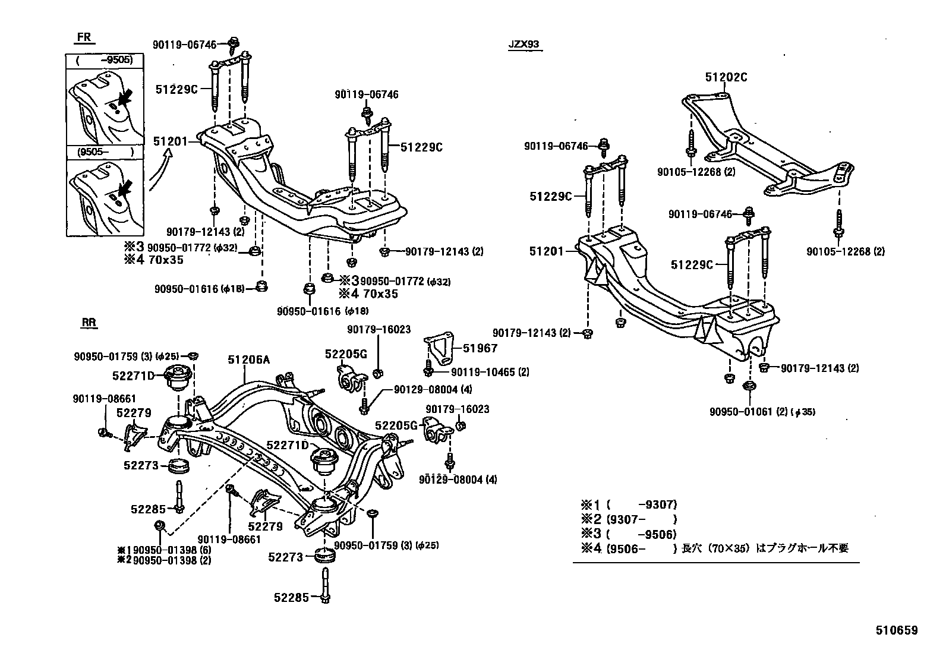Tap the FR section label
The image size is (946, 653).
tap(84, 37)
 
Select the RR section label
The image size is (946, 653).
tap(89, 323)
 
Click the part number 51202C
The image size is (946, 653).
tap(726, 77)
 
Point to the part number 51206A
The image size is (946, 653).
tap(248, 359)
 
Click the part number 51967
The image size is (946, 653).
tap(480, 348)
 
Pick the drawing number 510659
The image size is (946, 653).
tap(896, 630)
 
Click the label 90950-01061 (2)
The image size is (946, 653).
tap(752, 412)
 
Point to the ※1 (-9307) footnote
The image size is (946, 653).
tap(629, 505)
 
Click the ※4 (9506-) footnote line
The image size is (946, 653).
tap(713, 548)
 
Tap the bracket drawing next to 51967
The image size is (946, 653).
tap(439, 350)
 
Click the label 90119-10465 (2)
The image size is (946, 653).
tap(490, 373)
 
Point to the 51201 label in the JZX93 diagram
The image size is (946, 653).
tap(546, 252)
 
